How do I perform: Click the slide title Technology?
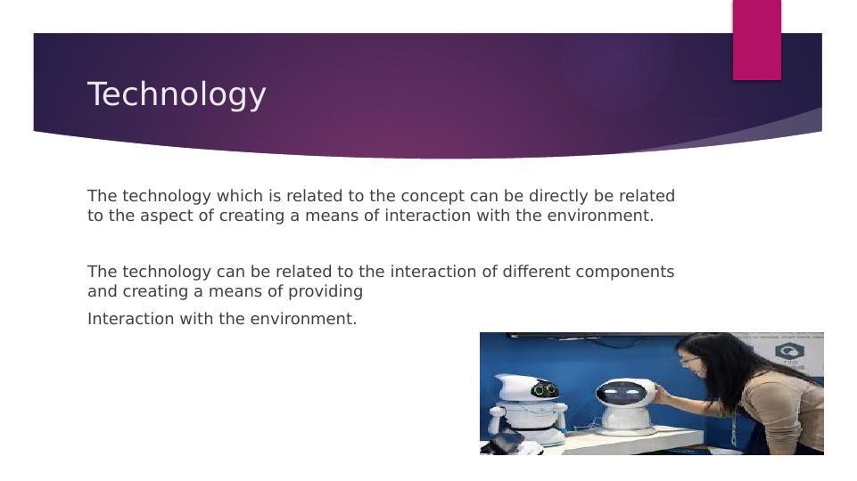click(x=177, y=94)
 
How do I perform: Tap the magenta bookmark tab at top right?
click(x=756, y=39)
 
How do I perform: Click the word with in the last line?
click(x=196, y=319)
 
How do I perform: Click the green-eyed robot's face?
click(x=544, y=390)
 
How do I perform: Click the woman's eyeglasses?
click(x=688, y=360)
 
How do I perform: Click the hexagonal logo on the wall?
click(x=789, y=350)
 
